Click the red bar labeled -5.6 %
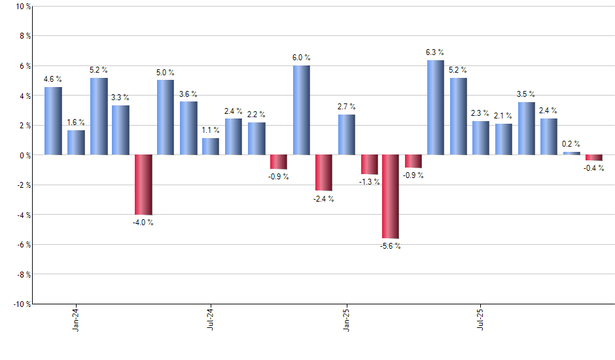coord(391,196)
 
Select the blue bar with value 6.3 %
coord(436,108)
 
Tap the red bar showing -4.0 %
coord(143,185)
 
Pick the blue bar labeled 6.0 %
coord(301,110)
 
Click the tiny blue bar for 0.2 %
coord(571,153)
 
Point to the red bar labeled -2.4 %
coord(323,173)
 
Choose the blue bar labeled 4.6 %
coord(53,121)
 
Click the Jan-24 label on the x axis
coord(76,318)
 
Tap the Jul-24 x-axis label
coord(211,318)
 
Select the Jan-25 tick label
coord(346,318)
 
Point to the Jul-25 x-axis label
coord(481,318)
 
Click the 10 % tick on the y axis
coord(22,7)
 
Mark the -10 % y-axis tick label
coord(20,304)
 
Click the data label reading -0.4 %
coord(593,169)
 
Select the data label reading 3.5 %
coord(526,94)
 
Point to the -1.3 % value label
coord(369,182)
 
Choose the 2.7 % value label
coord(346,106)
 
